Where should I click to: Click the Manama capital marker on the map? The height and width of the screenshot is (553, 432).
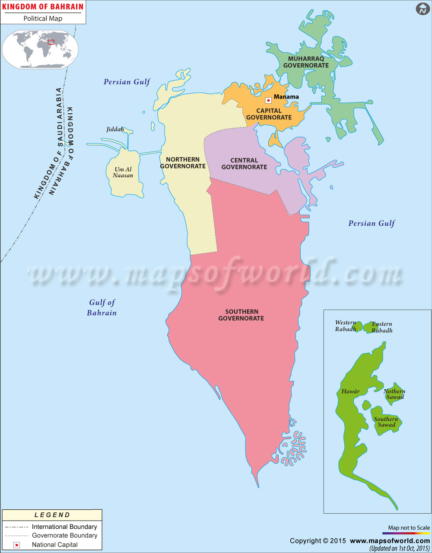[268, 100]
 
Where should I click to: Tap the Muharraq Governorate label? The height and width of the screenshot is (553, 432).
[306, 62]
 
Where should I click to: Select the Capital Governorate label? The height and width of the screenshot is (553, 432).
[269, 114]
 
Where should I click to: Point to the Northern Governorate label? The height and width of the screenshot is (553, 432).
[183, 163]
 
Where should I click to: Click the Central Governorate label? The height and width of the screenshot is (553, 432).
[244, 163]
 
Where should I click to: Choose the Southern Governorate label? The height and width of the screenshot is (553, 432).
[241, 315]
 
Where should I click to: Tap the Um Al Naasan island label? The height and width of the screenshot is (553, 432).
[123, 172]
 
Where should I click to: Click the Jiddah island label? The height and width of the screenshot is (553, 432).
[115, 129]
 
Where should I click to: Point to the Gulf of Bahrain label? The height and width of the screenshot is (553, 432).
[102, 307]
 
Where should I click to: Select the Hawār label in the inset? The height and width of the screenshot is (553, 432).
[350, 391]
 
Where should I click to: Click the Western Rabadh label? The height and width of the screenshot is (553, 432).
[346, 326]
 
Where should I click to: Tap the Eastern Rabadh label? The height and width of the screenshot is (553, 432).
[382, 327]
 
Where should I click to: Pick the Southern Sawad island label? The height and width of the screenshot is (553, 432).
[386, 422]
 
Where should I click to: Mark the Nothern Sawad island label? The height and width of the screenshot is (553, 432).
[394, 394]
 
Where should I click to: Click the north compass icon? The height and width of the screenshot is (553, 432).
[422, 9]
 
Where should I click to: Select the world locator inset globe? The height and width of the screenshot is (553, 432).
[40, 49]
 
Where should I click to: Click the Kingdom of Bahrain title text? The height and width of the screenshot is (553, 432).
[43, 7]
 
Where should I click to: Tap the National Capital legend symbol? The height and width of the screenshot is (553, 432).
[17, 545]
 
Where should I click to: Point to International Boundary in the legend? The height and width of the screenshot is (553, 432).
[64, 527]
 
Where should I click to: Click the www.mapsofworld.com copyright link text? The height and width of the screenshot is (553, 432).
[390, 540]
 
